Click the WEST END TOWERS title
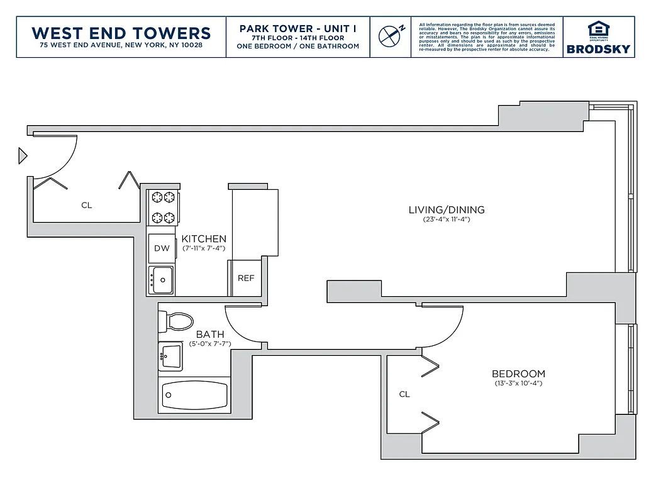[121, 33]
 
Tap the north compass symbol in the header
[390, 35]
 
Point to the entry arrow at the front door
[23, 155]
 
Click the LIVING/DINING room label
[447, 210]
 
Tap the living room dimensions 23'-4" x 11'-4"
[447, 219]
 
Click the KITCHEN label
[204, 239]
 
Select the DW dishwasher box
[162, 248]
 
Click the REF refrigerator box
[246, 277]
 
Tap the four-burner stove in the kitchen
[163, 207]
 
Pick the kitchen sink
[162, 279]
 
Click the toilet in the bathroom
[176, 321]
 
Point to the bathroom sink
[170, 357]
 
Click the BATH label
[209, 334]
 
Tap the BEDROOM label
[518, 373]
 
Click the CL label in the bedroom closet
[404, 394]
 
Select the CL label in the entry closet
[86, 205]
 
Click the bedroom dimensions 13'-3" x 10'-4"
[518, 383]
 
